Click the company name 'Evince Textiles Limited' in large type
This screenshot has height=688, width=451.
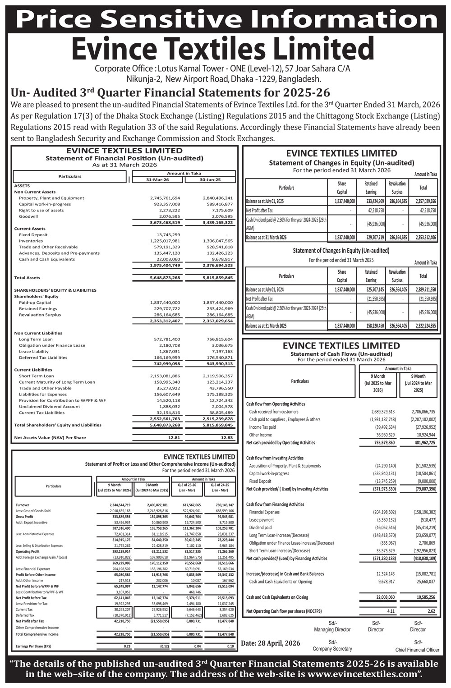223,49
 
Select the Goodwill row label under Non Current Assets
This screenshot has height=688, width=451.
28,216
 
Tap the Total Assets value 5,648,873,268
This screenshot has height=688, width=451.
165,278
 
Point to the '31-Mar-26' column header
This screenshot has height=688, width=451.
157,180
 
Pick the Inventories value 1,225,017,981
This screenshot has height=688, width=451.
165,241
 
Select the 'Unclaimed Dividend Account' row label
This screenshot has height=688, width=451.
49,406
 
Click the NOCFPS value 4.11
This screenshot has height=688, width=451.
391,611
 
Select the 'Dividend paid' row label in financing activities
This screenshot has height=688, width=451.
261,527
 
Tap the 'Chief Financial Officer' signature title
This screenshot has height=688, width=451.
417,650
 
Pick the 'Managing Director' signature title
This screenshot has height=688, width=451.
332,629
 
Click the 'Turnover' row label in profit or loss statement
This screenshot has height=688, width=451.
23,505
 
